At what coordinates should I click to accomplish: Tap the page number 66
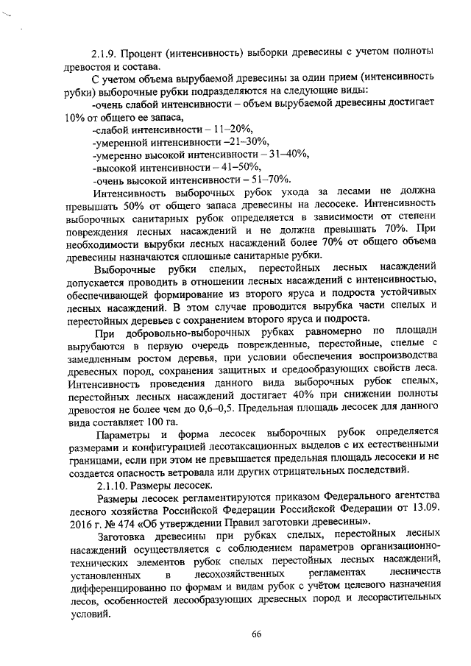click(257, 635)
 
